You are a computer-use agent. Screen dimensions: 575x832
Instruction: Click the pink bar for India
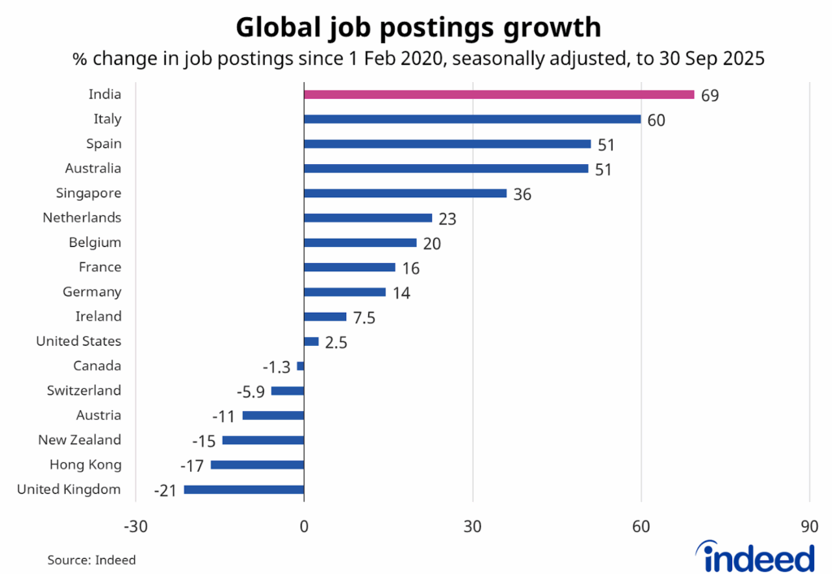(499, 94)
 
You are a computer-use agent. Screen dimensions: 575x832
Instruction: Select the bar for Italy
(472, 119)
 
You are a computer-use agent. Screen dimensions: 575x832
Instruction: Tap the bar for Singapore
(405, 193)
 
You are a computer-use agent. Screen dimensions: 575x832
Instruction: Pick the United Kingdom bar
(244, 490)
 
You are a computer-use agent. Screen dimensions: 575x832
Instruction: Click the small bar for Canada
(301, 366)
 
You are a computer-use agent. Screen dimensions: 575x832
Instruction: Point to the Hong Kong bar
(257, 465)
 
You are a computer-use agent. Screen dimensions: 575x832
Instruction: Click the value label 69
(710, 96)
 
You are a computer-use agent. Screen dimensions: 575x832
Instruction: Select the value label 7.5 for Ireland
(364, 318)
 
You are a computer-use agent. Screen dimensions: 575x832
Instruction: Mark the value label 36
(522, 194)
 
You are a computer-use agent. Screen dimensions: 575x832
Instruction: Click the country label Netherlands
(81, 218)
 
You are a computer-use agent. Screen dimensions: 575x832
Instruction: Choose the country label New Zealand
(80, 440)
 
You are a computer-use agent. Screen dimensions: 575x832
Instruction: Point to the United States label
(79, 341)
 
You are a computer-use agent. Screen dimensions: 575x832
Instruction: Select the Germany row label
(92, 292)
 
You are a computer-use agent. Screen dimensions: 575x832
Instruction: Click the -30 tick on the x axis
(135, 525)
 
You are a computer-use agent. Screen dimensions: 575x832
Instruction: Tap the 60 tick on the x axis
(641, 525)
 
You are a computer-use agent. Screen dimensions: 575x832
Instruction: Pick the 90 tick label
(809, 525)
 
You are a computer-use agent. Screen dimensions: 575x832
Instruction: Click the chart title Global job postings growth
(418, 28)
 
